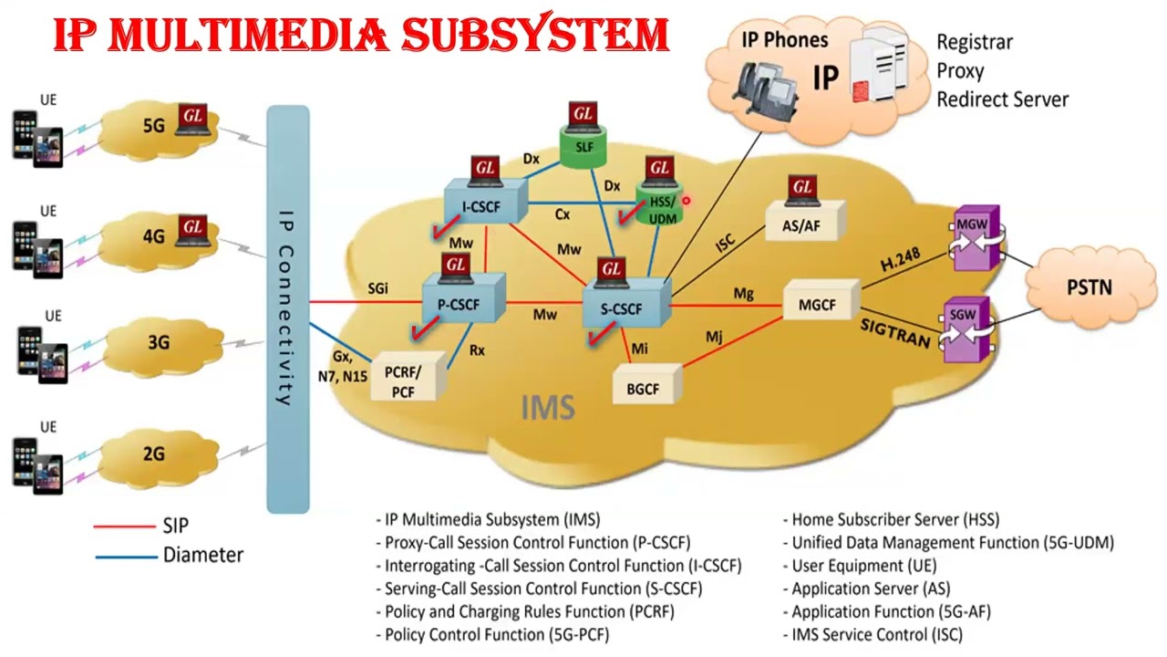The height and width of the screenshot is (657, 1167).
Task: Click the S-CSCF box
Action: pyautogui.click(x=622, y=308)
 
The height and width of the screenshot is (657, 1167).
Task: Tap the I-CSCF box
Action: pyautogui.click(x=481, y=206)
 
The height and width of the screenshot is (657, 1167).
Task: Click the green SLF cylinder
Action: pyautogui.click(x=583, y=148)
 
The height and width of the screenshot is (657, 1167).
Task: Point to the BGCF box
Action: pyautogui.click(x=643, y=388)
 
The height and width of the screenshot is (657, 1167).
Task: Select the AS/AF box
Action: pyautogui.click(x=801, y=225)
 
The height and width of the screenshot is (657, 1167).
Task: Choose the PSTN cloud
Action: pyautogui.click(x=1089, y=287)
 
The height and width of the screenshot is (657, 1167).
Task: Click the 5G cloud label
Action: pyautogui.click(x=153, y=125)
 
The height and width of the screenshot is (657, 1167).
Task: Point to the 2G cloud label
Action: pyautogui.click(x=153, y=454)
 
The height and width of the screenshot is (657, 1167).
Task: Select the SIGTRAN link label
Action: pyautogui.click(x=894, y=333)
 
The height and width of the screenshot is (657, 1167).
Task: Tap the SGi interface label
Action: pyautogui.click(x=377, y=288)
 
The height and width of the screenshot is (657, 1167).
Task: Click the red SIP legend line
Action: pyautogui.click(x=124, y=527)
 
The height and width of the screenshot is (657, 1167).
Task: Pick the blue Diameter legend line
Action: pyautogui.click(x=124, y=555)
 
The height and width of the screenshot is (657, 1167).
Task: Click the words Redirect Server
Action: pyautogui.click(x=1002, y=99)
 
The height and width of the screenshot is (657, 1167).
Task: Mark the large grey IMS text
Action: pyautogui.click(x=548, y=406)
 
